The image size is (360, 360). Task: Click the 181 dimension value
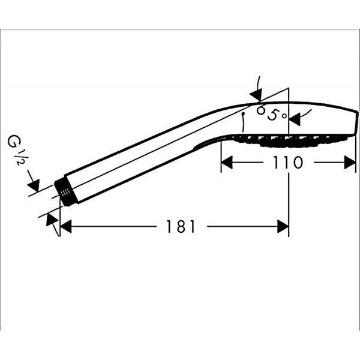click(181, 227)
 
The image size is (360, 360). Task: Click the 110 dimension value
click(288, 163)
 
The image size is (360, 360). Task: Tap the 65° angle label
click(271, 113)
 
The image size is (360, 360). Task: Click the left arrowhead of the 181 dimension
click(65, 226)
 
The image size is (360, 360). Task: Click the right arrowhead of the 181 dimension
click(283, 226)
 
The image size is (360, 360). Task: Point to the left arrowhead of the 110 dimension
click(227, 163)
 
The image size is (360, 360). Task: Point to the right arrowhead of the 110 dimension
click(350, 163)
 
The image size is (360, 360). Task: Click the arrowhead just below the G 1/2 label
click(34, 185)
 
